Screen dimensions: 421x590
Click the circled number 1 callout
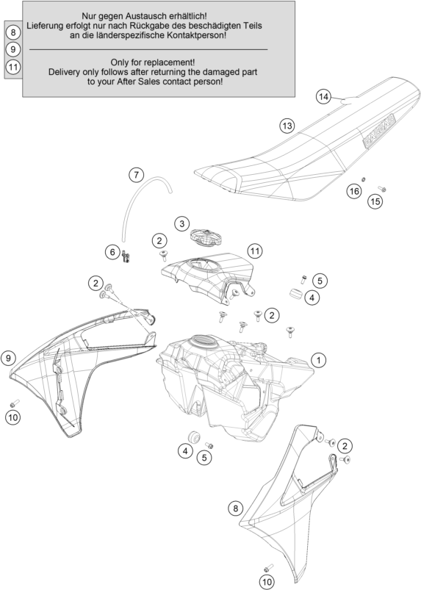tap(319, 360)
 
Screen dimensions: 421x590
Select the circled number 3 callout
tap(182, 224)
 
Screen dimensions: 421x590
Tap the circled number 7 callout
tap(136, 175)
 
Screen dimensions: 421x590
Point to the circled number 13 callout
tap(287, 126)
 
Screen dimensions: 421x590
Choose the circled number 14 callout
tap(323, 97)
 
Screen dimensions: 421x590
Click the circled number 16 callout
tap(354, 191)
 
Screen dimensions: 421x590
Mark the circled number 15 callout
tap(375, 201)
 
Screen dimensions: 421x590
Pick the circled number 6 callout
tap(112, 252)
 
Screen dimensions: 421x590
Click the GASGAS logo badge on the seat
tap(379, 131)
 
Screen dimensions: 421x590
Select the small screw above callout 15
tap(382, 189)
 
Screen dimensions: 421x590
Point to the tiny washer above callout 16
tap(364, 179)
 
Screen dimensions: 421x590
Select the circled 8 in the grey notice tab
tap(13, 32)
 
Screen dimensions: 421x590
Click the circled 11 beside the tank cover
tap(255, 251)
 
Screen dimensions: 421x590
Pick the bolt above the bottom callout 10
tap(269, 566)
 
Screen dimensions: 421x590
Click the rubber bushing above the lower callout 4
tap(194, 437)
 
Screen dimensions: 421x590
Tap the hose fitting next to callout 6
tap(126, 256)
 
